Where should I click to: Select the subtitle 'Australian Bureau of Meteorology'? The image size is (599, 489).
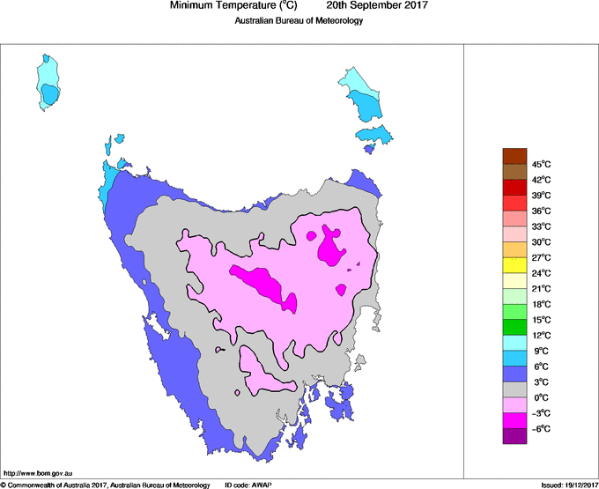click(x=299, y=21)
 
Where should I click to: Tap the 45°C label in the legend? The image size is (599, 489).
click(x=542, y=164)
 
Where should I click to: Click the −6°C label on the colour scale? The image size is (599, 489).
click(x=542, y=428)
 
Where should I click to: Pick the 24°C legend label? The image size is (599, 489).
click(x=542, y=272)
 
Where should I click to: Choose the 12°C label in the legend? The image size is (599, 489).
click(x=542, y=335)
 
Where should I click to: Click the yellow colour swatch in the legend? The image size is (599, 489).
click(x=514, y=264)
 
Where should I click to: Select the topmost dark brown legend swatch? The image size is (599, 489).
click(x=514, y=156)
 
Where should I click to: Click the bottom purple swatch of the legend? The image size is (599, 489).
click(x=514, y=435)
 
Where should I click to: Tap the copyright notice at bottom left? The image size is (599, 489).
click(x=105, y=484)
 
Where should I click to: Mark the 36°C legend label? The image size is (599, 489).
click(x=542, y=211)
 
